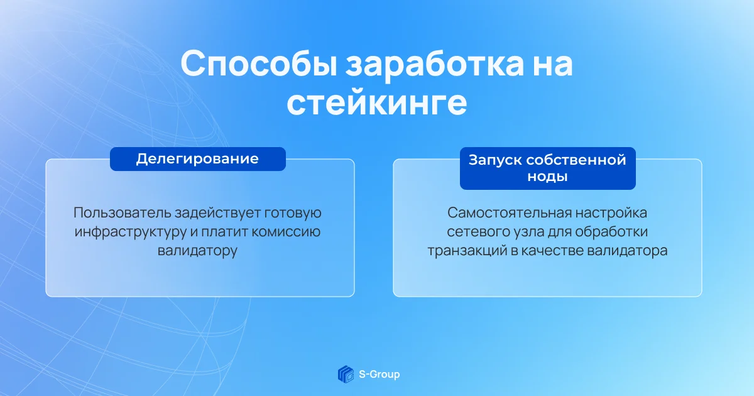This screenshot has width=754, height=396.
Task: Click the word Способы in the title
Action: pos(259,64)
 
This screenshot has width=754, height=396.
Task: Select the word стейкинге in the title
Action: pos(376,102)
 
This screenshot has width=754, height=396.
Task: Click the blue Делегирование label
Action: pos(197,159)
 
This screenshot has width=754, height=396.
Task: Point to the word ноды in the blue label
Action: pos(547,176)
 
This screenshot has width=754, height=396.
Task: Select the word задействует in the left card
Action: pos(217,213)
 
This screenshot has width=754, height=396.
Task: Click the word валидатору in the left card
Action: pos(197,251)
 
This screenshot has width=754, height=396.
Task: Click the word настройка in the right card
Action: pos(611,213)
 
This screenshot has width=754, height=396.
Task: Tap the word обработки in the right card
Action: pos(611,232)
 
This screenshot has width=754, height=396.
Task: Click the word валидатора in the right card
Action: pos(627,251)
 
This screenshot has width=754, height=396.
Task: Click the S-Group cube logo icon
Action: pos(346,374)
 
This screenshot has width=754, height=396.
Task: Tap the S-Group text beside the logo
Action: pos(380,375)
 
